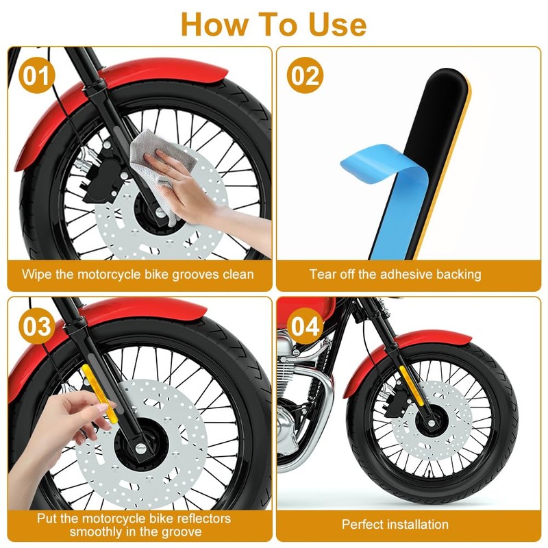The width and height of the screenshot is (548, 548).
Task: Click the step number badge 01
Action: click(36, 75)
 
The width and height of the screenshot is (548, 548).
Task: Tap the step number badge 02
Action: click(304, 75)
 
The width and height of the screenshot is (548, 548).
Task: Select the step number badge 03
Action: click(36, 327)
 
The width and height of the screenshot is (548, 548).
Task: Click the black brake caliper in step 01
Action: click(103, 175)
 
